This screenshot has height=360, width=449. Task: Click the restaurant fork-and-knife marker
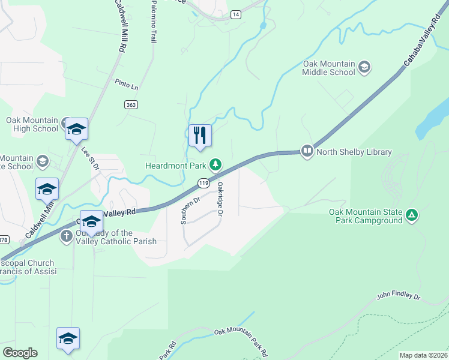(200, 135)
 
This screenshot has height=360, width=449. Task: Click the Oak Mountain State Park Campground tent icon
(412, 215)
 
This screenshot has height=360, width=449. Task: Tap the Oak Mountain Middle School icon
(364, 67)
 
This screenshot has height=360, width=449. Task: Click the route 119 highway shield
(203, 182)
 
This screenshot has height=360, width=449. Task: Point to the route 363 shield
(130, 104)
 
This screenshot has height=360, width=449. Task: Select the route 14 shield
(236, 14)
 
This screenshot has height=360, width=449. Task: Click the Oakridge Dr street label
(220, 200)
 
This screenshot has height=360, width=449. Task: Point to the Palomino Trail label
(153, 22)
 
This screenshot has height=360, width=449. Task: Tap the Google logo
(20, 353)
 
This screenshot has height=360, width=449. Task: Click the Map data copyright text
(423, 355)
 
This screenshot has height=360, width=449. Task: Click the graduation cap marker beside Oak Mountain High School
(76, 129)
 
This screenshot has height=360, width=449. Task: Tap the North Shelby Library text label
(354, 152)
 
